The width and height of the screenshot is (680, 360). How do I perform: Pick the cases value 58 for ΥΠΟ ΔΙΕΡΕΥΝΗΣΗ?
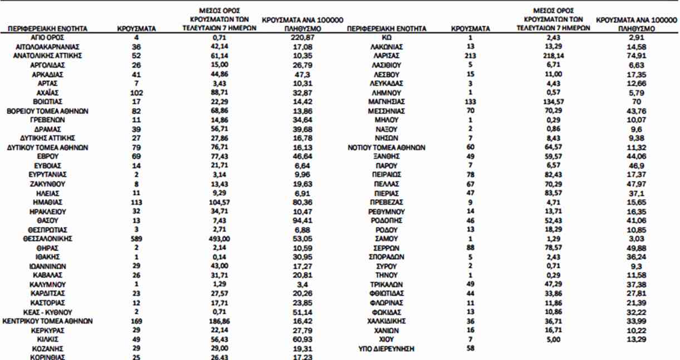pos(470,348)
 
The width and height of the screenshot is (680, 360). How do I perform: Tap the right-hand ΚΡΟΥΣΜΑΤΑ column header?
pos(470,28)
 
